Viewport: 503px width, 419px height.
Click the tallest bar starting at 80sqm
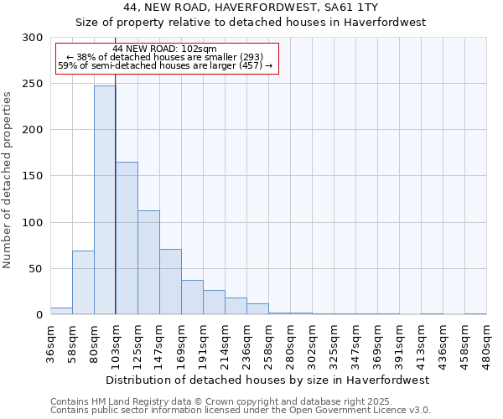click(x=105, y=200)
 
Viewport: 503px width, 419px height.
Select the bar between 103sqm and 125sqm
click(x=127, y=238)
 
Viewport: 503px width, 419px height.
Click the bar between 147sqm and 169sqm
click(x=170, y=282)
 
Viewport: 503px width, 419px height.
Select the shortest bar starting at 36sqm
click(x=61, y=311)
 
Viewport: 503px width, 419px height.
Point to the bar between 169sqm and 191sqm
click(x=192, y=297)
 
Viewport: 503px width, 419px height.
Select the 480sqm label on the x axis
click(x=486, y=344)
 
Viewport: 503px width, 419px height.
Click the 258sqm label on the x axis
click(x=268, y=344)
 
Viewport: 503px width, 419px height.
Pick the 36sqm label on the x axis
click(x=50, y=343)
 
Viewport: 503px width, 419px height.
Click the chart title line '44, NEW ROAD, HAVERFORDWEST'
click(x=251, y=8)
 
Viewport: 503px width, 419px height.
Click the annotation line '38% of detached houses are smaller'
click(x=164, y=57)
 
